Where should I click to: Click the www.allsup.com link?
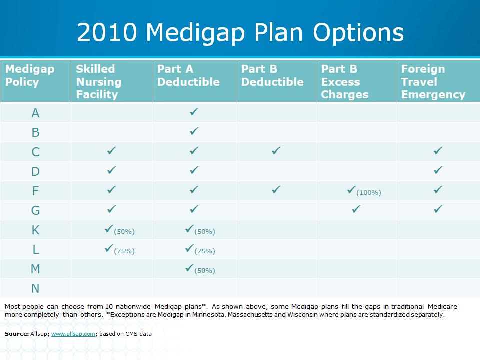click(x=73, y=334)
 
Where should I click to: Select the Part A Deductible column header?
click(x=188, y=75)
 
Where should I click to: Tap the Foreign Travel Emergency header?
click(x=433, y=82)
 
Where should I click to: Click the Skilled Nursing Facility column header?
click(x=98, y=82)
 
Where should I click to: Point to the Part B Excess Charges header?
click(x=344, y=82)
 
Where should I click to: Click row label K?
click(x=36, y=230)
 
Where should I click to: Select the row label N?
click(x=35, y=288)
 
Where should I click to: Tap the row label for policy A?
click(x=35, y=113)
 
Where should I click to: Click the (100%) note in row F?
click(x=369, y=193)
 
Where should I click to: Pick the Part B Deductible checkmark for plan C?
click(x=276, y=150)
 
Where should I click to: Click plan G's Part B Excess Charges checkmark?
click(x=356, y=209)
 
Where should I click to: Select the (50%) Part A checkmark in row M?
click(x=200, y=269)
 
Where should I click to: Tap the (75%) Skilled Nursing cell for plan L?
click(x=119, y=249)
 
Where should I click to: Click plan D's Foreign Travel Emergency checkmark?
click(x=438, y=170)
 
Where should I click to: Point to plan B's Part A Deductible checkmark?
click(x=194, y=131)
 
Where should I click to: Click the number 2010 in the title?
click(x=107, y=32)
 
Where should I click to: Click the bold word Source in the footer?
click(x=17, y=334)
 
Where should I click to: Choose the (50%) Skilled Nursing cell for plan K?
click(x=119, y=230)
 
